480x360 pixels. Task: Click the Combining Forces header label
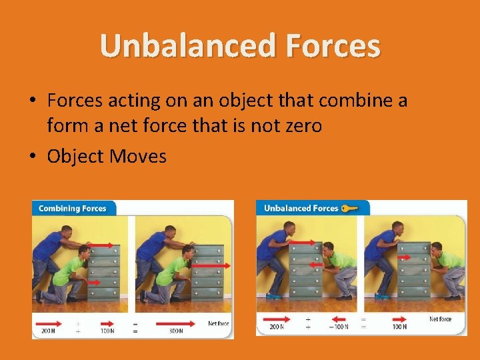pyautogui.click(x=73, y=209)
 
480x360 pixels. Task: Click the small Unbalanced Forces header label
pyautogui.click(x=301, y=208)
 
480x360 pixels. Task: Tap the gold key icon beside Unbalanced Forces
pyautogui.click(x=350, y=208)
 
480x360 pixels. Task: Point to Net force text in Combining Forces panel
pyautogui.click(x=218, y=323)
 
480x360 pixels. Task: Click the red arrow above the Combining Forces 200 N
pyautogui.click(x=48, y=323)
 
